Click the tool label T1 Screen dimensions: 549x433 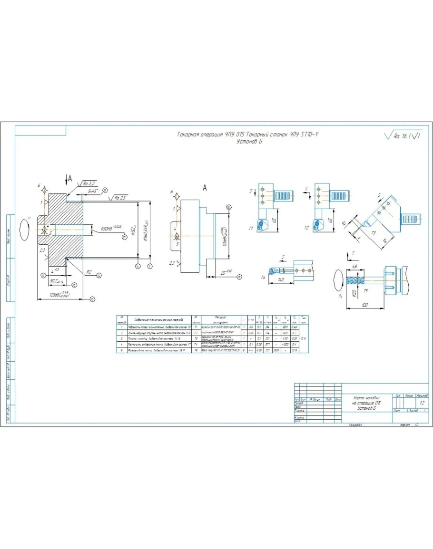(251, 229)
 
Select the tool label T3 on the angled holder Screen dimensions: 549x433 (374, 232)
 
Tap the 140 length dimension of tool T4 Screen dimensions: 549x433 (281, 280)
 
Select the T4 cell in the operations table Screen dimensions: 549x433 (196, 344)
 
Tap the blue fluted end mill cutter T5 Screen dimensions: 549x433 (353, 281)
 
